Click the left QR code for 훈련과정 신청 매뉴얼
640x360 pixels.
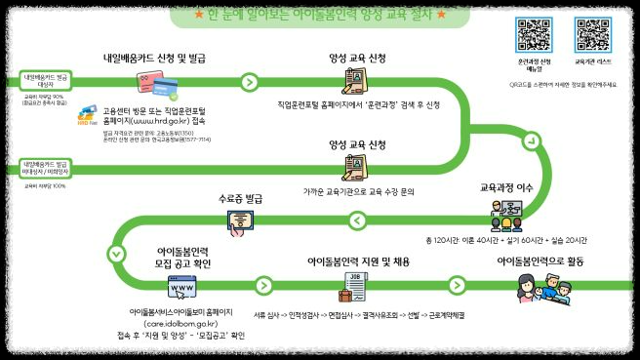(x=533, y=33)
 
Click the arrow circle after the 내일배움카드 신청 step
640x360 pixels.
(x=250, y=81)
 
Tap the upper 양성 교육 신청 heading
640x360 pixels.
(x=358, y=58)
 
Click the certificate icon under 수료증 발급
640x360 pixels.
(x=240, y=221)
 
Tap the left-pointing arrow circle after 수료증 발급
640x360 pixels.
(x=356, y=221)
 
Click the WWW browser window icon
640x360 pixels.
(x=181, y=289)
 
